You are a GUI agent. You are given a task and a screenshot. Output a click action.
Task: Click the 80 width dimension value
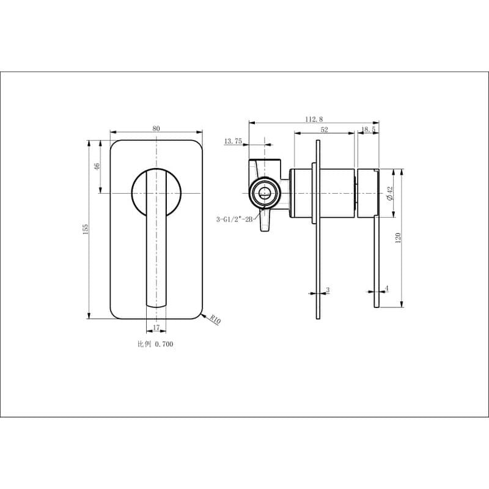pyautogui.click(x=156, y=128)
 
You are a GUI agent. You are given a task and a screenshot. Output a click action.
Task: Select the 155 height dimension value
pyautogui.click(x=86, y=229)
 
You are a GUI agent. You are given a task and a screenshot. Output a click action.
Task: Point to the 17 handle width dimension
pyautogui.click(x=156, y=328)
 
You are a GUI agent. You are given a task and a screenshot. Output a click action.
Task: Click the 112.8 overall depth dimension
pyautogui.click(x=314, y=120)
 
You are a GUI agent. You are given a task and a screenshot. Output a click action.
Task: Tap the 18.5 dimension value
pyautogui.click(x=368, y=129)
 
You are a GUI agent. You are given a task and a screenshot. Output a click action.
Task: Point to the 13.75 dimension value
pyautogui.click(x=233, y=141)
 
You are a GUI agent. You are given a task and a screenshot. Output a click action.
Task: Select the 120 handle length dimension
pyautogui.click(x=398, y=237)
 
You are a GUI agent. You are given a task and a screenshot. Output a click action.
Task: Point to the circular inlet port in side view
pyautogui.click(x=263, y=193)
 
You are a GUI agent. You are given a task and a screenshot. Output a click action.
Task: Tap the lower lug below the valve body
pyautogui.click(x=265, y=221)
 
